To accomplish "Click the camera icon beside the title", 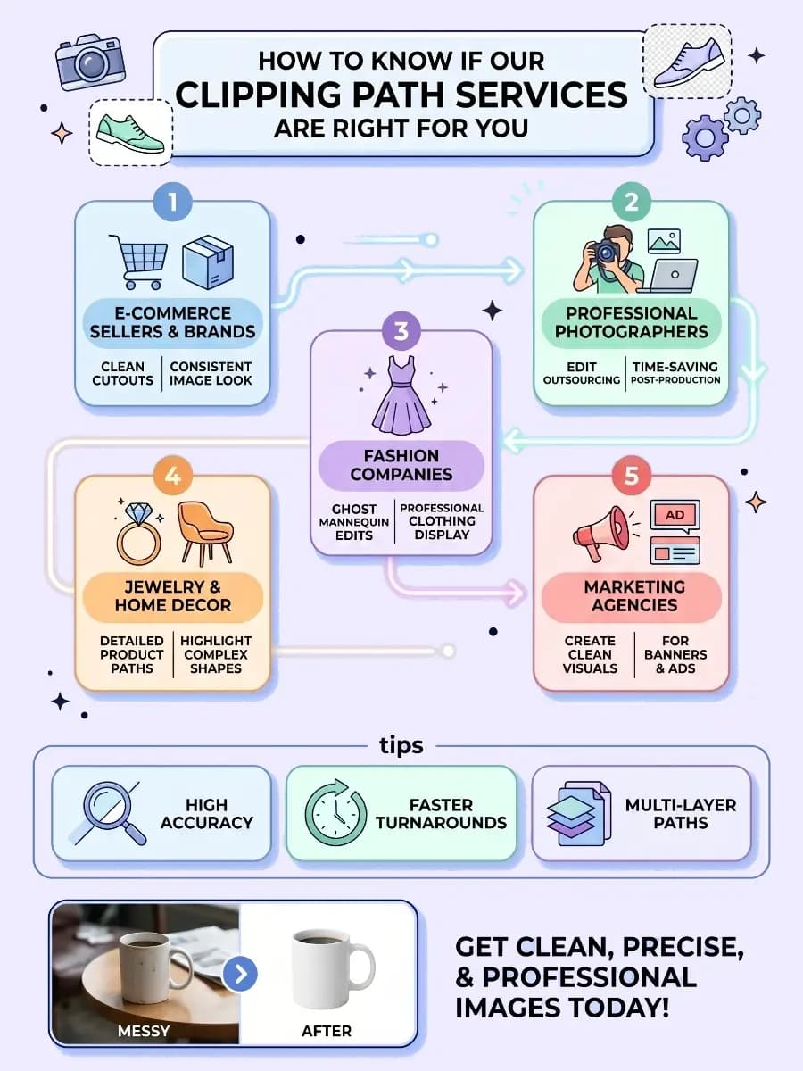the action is point(90,62).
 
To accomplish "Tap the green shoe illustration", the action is point(130,134).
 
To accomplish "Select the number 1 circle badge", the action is point(172,202).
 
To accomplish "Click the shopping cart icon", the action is point(139,262).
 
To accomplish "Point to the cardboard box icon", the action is point(208,262).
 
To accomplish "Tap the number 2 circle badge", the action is point(632,202).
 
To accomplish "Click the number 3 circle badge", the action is point(401,331).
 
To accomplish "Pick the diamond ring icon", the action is point(138,534).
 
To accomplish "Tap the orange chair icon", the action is point(206,534).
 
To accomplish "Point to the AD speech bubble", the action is point(675,516).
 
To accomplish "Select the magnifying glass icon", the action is point(108,813).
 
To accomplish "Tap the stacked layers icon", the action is point(579,813).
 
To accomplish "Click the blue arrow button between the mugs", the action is point(240,974).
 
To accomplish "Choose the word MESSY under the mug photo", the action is point(144,1031).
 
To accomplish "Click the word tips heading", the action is point(401,745).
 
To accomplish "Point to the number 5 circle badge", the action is point(632,476).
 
